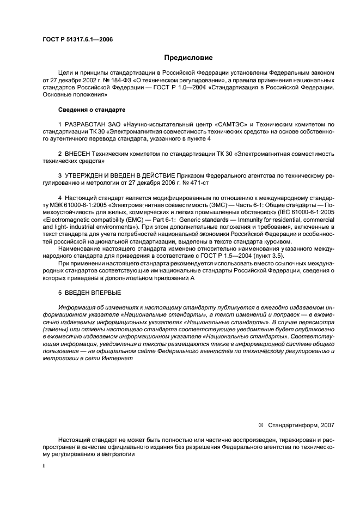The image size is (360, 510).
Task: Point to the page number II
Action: (x=45, y=466)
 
